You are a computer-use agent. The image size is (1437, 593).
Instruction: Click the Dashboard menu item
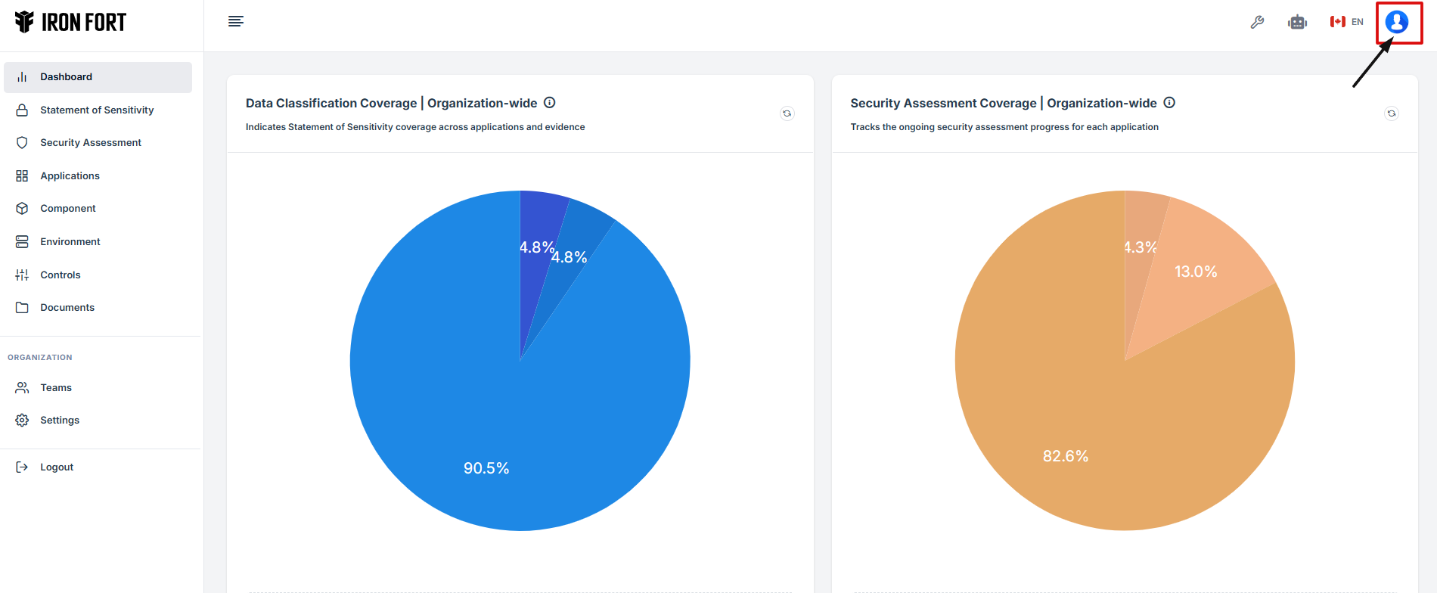(x=66, y=77)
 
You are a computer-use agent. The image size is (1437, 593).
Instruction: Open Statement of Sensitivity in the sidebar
(x=97, y=110)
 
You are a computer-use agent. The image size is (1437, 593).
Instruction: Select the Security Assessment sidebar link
(x=91, y=143)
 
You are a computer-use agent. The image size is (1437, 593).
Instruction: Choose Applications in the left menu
(x=70, y=176)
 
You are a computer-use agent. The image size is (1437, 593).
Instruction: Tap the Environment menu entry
(x=70, y=242)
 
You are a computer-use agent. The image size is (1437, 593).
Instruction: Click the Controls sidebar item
(x=60, y=275)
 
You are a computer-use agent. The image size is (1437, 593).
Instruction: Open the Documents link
(x=67, y=308)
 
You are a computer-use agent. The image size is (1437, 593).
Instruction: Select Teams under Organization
(x=56, y=388)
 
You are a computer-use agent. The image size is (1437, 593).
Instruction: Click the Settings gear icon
(x=22, y=421)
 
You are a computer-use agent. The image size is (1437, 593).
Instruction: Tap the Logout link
(x=57, y=467)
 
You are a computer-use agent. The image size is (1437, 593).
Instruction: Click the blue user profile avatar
(x=1396, y=22)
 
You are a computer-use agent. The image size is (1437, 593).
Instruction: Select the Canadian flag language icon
(x=1337, y=22)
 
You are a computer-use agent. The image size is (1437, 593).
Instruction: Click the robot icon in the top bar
(x=1297, y=22)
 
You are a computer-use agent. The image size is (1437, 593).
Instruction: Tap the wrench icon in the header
(x=1257, y=22)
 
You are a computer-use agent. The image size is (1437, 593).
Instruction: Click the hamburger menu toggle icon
(x=236, y=21)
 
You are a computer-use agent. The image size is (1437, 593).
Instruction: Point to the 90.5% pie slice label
(x=486, y=468)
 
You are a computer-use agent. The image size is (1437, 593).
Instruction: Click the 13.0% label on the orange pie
(x=1196, y=272)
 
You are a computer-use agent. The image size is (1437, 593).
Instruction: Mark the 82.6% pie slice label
(x=1066, y=456)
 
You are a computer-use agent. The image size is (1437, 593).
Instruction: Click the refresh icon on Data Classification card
(x=787, y=113)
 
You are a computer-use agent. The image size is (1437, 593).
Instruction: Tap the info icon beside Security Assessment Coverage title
(x=1169, y=103)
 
